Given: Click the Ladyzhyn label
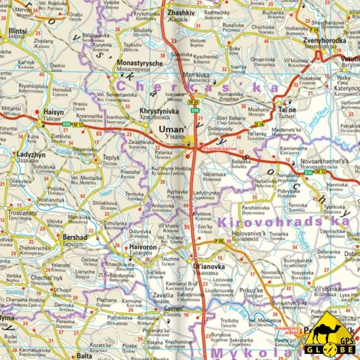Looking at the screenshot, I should pyautogui.click(x=30, y=154).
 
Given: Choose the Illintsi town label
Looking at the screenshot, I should pyautogui.click(x=17, y=31).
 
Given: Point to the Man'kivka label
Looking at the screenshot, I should pyautogui.click(x=195, y=74).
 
